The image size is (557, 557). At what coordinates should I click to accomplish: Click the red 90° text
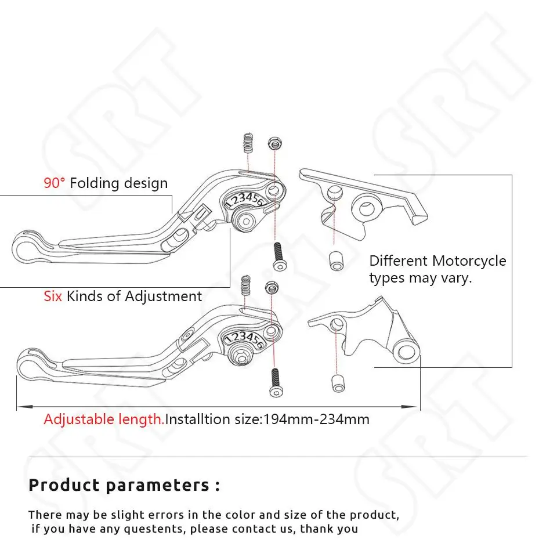click(55, 183)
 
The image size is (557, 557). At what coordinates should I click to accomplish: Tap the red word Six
click(53, 296)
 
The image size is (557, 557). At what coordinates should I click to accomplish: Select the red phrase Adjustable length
click(104, 419)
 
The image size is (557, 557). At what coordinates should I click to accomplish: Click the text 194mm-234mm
click(316, 419)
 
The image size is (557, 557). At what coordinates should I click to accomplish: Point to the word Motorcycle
click(469, 261)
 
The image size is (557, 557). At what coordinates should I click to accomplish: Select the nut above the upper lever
click(273, 143)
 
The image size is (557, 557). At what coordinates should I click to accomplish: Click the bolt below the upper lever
click(278, 256)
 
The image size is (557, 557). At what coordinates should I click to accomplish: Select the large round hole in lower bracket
click(406, 352)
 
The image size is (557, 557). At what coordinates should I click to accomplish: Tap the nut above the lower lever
click(271, 286)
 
